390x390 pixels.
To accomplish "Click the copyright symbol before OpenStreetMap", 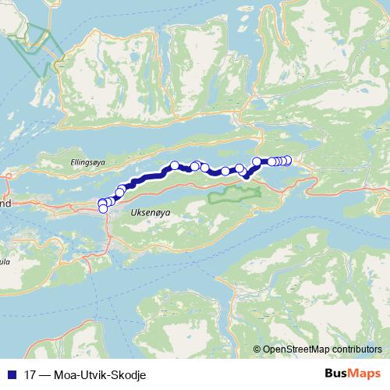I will pyautogui.click(x=257, y=349).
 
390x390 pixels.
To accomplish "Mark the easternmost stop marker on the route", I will pyautogui.click(x=288, y=160).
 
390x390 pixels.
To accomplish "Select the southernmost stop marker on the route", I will pyautogui.click(x=103, y=208).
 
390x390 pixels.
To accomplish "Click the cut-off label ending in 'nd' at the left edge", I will pyautogui.click(x=5, y=203).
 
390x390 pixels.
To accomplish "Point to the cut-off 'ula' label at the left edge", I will pyautogui.click(x=5, y=262).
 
